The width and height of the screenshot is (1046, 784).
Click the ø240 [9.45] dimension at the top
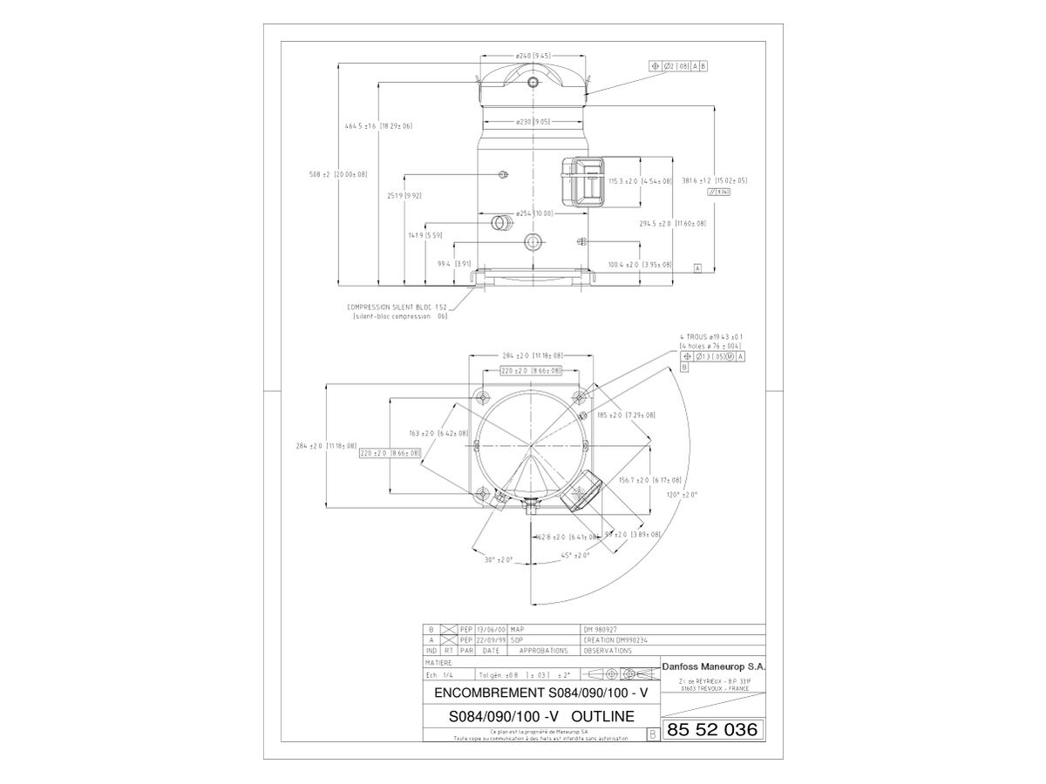[533, 55]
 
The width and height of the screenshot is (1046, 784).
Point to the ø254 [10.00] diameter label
[533, 213]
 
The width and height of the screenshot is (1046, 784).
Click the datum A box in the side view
[697, 268]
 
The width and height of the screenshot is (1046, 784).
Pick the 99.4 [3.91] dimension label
[453, 263]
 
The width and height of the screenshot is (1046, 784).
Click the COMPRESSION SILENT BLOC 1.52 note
[397, 307]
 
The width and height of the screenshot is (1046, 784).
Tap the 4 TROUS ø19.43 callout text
[710, 335]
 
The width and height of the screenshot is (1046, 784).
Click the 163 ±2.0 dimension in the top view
[438, 433]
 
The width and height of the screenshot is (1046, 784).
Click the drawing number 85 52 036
[710, 730]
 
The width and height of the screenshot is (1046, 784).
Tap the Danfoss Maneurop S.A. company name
[715, 666]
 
